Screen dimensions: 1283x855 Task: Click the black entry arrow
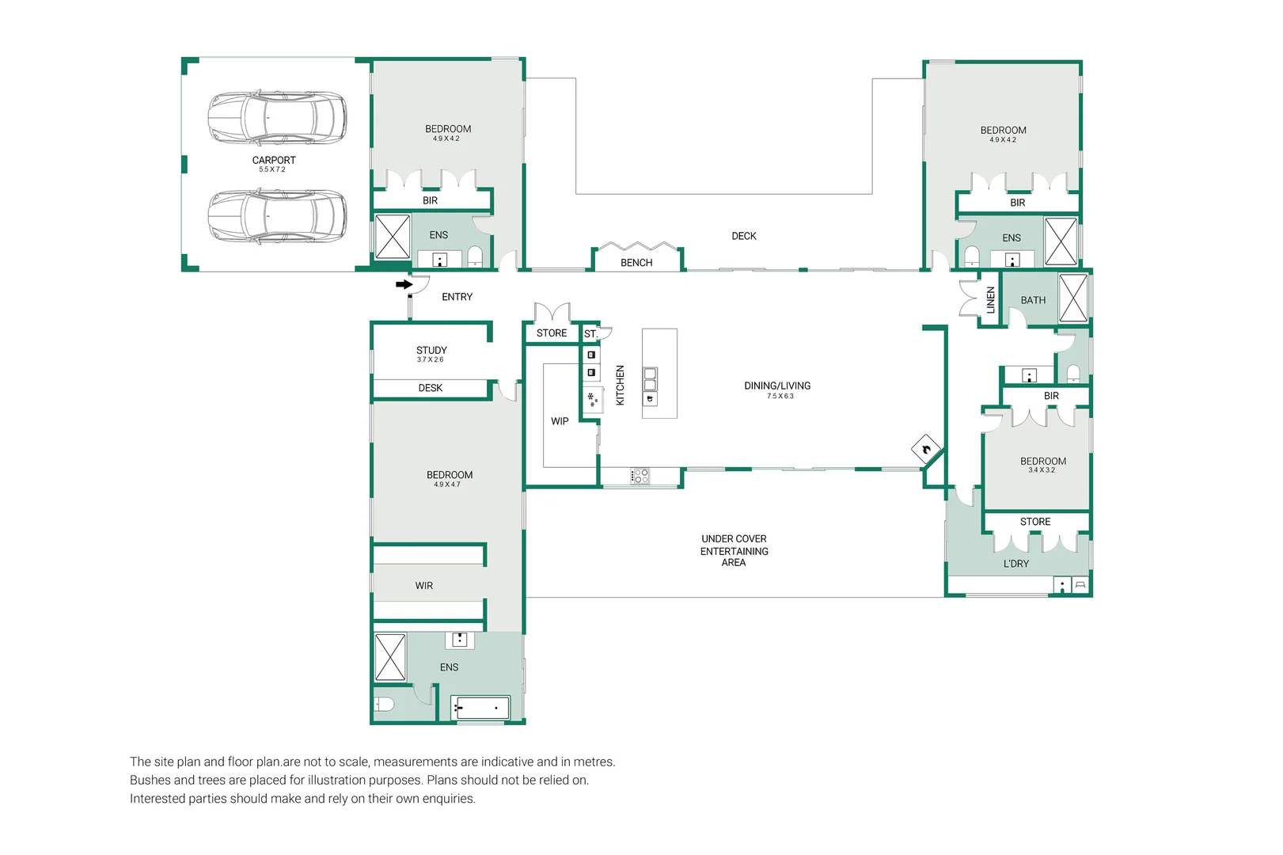[x=404, y=284]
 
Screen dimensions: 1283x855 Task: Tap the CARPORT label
[x=274, y=161]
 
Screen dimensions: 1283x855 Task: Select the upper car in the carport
[x=277, y=117]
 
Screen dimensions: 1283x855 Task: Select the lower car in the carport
[x=277, y=216]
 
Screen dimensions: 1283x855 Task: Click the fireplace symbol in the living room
[x=926, y=450]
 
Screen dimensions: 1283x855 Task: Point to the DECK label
[x=743, y=236]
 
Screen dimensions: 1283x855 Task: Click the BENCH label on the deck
[x=636, y=263]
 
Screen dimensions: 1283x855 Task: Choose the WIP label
[x=560, y=421]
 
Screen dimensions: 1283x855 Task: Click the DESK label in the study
[x=430, y=388]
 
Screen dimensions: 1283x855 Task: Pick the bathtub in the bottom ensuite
[x=480, y=708]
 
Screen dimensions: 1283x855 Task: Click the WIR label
[x=424, y=586]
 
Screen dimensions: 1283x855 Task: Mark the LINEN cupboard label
[x=990, y=300]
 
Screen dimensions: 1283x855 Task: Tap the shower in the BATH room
[x=1073, y=298]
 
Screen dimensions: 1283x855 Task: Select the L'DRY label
[x=1016, y=564]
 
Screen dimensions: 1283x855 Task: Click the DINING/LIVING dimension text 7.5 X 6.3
[x=780, y=396]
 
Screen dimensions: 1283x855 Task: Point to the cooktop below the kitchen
[x=640, y=477]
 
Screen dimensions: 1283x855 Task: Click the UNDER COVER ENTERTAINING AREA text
[x=734, y=551]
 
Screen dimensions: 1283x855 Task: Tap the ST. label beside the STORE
[x=590, y=333]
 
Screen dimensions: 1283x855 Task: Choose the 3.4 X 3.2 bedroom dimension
[x=1042, y=470]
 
